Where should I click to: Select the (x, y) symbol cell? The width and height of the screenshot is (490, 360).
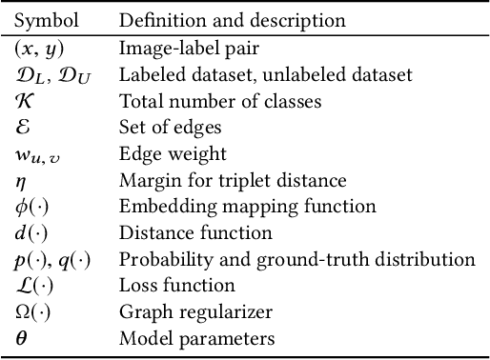pos(38,47)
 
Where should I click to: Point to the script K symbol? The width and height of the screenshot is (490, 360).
pos(25,100)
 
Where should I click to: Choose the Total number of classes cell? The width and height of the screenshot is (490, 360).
pos(205,100)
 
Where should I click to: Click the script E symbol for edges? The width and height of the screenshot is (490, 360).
pos(24,126)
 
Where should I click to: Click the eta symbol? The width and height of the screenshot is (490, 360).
pos(21,180)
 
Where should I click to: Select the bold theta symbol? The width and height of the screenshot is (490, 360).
pos(21,337)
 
